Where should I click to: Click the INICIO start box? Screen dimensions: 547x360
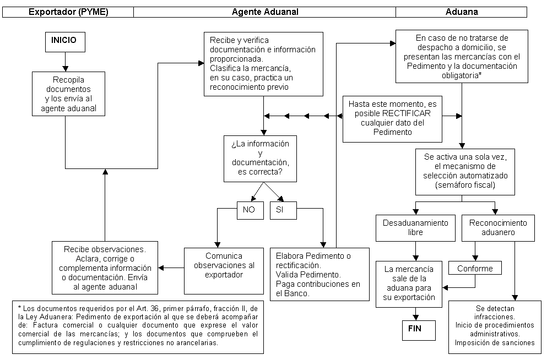[65, 42]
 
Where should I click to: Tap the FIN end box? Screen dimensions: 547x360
[419, 330]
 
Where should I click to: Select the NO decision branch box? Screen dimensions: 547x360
[250, 210]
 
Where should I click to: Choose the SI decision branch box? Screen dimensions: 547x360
[283, 210]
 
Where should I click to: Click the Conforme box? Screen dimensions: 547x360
[475, 268]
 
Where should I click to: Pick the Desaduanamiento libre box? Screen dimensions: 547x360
[415, 228]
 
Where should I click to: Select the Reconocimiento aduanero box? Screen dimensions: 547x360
[498, 228]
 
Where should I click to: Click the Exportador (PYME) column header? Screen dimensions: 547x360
[68, 12]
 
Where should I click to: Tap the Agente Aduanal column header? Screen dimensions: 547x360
[265, 12]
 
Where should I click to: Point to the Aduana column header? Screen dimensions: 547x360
[461, 12]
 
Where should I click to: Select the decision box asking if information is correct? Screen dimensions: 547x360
[260, 159]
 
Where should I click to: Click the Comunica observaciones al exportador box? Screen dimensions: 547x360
[224, 271]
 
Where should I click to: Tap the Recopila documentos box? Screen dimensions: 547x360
[68, 94]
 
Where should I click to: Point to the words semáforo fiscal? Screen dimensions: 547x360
[465, 185]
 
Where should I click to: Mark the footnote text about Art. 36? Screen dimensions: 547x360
[138, 325]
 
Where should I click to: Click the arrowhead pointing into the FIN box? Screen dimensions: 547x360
[415, 317]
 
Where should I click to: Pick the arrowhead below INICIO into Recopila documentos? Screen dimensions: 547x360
[65, 69]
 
